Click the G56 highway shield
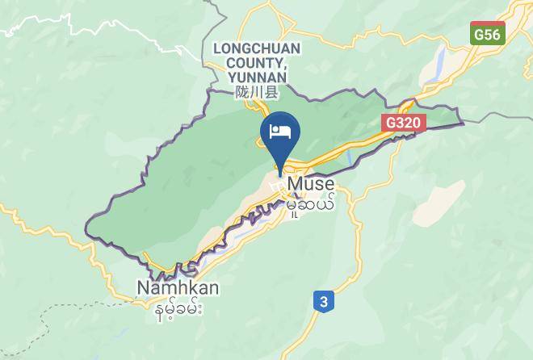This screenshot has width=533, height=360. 487,35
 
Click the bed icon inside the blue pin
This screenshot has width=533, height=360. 280,132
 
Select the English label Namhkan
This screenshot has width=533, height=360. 178,288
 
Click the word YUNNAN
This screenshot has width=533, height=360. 257,77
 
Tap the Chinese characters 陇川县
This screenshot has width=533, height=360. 257,93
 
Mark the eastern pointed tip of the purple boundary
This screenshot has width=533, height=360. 464,123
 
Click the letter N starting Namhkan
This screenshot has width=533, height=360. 143,288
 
